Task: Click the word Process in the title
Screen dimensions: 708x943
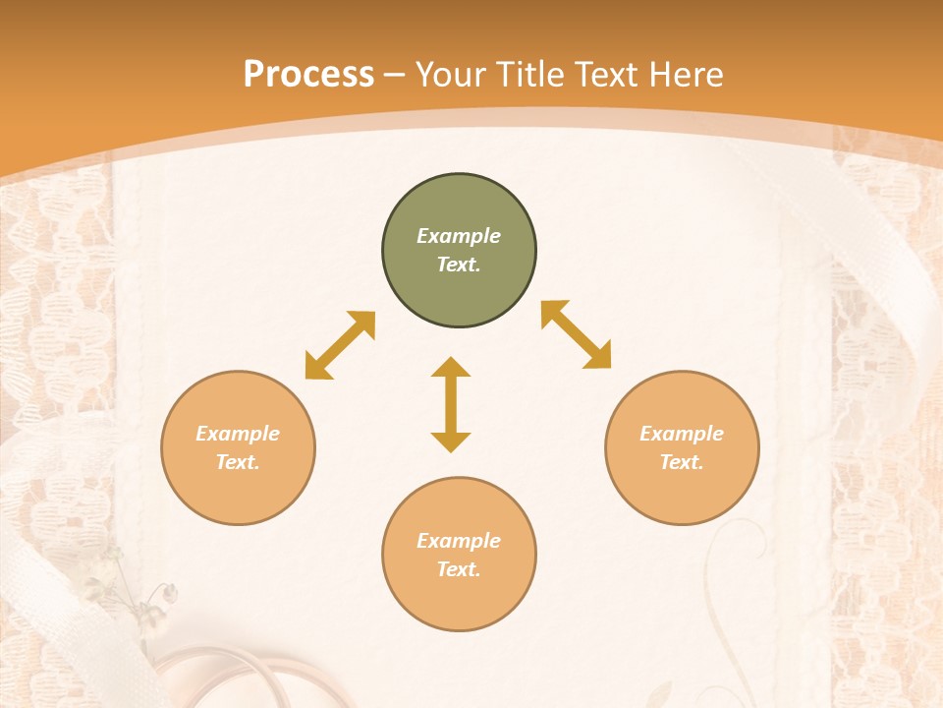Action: [x=308, y=75]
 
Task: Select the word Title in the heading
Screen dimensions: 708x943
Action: [x=528, y=75]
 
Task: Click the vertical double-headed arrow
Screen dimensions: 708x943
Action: [x=451, y=404]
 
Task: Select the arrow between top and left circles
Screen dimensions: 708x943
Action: [x=340, y=345]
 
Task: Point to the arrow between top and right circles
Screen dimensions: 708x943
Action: [x=577, y=334]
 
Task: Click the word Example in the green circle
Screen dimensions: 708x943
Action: [x=459, y=236]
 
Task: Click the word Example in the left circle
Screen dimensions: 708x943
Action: [x=238, y=434]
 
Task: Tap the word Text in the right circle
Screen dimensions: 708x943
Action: [x=682, y=462]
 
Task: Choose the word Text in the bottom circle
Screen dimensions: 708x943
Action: [x=459, y=569]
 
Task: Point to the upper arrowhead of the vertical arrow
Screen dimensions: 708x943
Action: [x=451, y=367]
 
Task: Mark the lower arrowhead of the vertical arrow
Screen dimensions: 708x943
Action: [x=451, y=442]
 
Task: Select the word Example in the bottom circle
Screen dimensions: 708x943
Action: [x=459, y=541]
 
